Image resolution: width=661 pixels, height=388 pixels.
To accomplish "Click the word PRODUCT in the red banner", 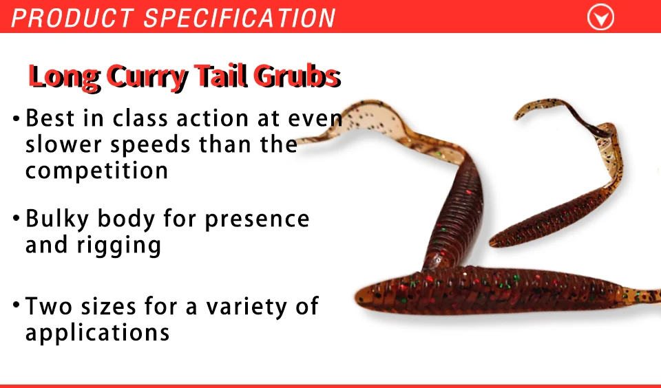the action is click(x=72, y=18).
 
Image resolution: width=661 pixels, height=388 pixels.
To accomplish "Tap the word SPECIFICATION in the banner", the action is click(x=240, y=18).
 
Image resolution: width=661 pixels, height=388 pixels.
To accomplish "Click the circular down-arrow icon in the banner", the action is click(x=600, y=17).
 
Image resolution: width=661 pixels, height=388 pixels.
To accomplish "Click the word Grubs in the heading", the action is click(x=297, y=76).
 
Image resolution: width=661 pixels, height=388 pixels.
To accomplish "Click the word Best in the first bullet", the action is click(x=50, y=118).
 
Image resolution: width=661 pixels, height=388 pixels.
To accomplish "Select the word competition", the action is click(x=96, y=170).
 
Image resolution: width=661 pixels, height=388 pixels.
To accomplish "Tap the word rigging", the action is click(x=119, y=246).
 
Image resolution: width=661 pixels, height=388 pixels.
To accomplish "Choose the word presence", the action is click(x=257, y=219).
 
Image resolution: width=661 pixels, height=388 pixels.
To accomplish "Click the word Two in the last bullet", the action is click(x=50, y=306).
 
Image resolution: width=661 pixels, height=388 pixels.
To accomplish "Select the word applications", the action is click(x=97, y=333).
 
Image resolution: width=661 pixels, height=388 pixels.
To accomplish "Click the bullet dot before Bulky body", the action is click(x=17, y=218).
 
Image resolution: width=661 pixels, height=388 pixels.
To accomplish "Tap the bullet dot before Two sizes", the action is click(x=17, y=304).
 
